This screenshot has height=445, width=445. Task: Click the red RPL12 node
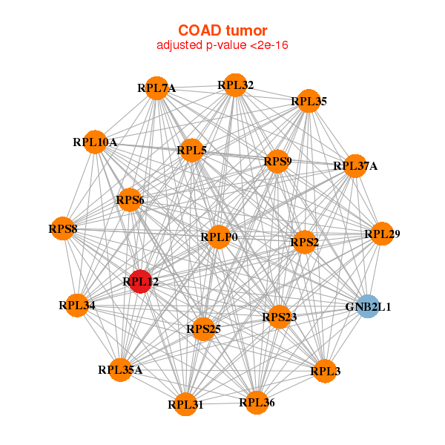[140, 281]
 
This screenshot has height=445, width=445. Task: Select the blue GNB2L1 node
[368, 306]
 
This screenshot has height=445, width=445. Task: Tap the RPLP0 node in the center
[219, 237]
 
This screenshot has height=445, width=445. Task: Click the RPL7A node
[156, 88]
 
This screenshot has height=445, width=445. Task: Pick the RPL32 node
[235, 85]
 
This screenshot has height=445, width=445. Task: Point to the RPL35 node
[309, 101]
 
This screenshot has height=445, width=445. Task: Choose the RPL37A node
[355, 166]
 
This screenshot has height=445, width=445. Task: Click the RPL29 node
[382, 234]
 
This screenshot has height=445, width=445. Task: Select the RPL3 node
[324, 371]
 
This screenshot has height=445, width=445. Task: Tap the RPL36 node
[257, 403]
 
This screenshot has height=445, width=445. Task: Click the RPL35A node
[120, 369]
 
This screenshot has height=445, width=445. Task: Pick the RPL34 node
[76, 305]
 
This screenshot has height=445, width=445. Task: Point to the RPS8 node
[63, 228]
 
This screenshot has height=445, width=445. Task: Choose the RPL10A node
[95, 142]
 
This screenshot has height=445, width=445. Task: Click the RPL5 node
[191, 151]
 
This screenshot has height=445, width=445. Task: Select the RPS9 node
[277, 161]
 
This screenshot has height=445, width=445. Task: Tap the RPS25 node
[203, 329]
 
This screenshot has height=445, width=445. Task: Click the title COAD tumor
[222, 30]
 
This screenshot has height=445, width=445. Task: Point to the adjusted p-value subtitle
[222, 45]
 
